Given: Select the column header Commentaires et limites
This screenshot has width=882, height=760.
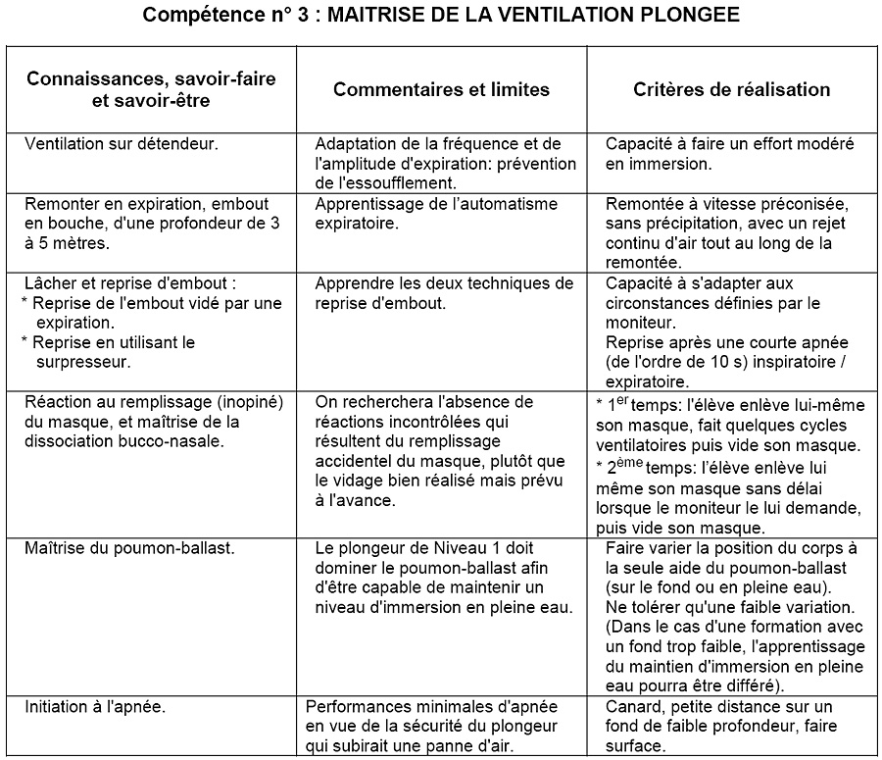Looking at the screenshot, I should coord(441,89).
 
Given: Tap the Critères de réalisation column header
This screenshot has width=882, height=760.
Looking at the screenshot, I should coord(732,89).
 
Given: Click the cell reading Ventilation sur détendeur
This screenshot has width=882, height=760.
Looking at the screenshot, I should coord(121,143).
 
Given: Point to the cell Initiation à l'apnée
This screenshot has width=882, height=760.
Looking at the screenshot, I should coord(95,706).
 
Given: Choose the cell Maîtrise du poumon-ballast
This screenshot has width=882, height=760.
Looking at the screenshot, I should coord(129,546).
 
